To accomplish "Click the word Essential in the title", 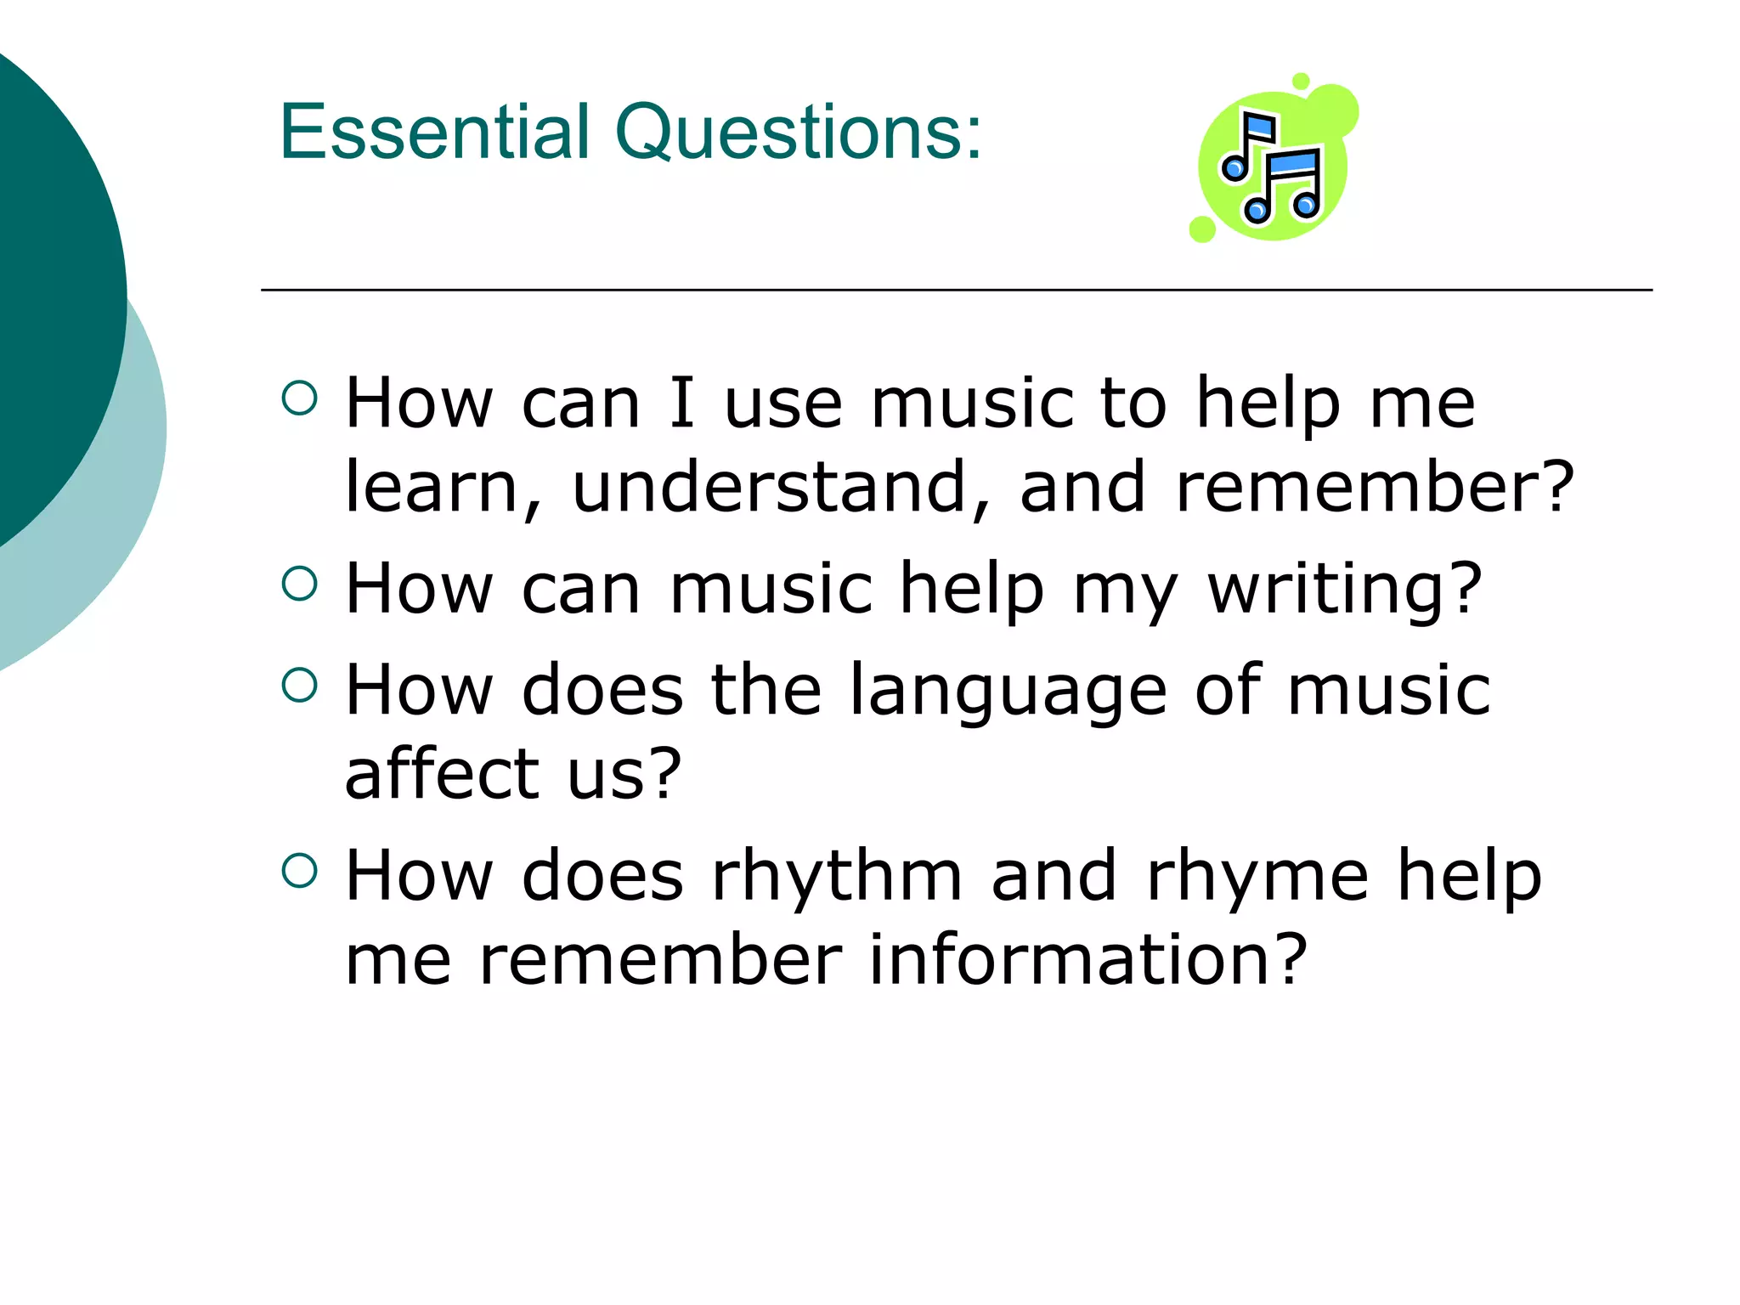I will [434, 132].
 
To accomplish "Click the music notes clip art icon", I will [1273, 161].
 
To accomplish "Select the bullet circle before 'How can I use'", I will [299, 398].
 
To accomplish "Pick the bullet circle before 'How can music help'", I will [299, 584].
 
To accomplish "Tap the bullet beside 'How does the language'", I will [299, 685].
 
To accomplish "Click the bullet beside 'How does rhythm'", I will [299, 870].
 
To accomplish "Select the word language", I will [1008, 691].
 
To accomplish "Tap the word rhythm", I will [837, 875].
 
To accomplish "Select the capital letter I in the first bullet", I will [681, 403].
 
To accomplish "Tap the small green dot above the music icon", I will [1300, 82].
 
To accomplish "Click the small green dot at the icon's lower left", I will [1202, 229].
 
